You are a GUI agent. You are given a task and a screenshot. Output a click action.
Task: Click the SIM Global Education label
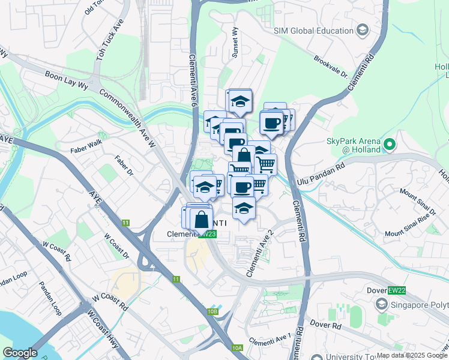(x=313, y=31)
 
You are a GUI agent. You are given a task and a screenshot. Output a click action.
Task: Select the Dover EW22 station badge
(x=394, y=290)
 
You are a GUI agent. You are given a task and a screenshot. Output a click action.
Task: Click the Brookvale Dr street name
(x=331, y=67)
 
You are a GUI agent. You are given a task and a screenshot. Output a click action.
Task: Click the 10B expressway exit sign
(x=212, y=311)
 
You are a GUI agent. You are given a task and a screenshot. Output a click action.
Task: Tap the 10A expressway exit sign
(x=237, y=347)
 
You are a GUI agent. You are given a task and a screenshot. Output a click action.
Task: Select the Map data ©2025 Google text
(x=412, y=355)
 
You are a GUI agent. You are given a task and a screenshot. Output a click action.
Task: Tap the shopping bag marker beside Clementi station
(x=202, y=220)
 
